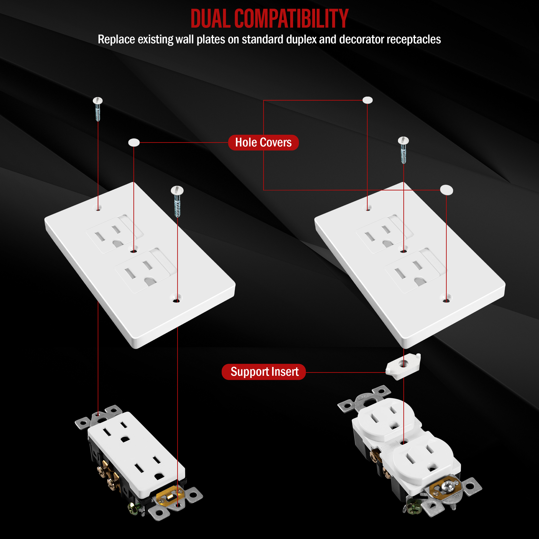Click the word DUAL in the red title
click(211, 18)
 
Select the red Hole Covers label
click(263, 143)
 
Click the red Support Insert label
click(264, 372)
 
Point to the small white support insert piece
click(403, 366)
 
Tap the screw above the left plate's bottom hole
click(177, 201)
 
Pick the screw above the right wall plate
click(403, 150)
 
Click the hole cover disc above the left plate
click(134, 142)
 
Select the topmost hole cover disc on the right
click(367, 100)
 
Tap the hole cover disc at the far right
click(446, 190)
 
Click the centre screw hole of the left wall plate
click(134, 251)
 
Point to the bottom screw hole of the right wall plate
click(446, 300)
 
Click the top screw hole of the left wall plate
click(98, 209)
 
